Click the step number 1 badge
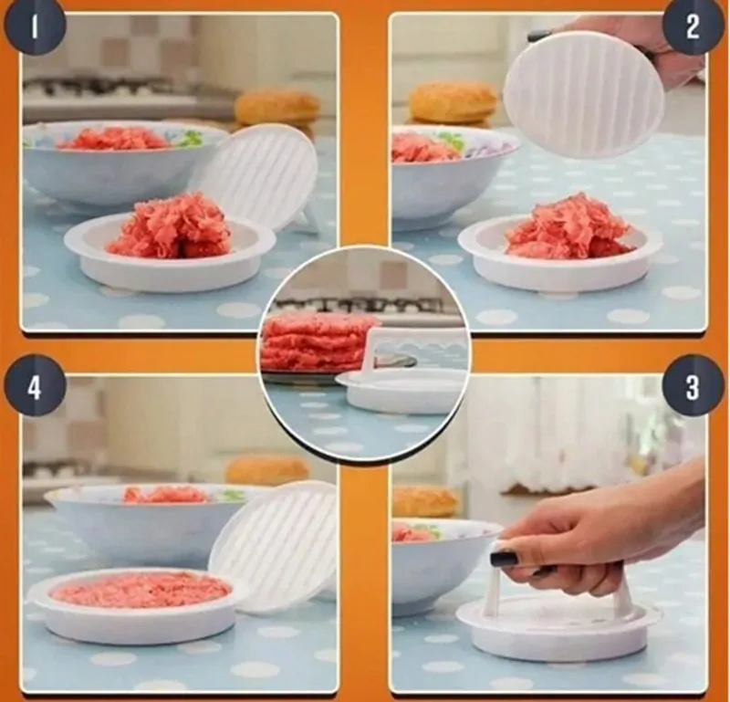pos(35,27)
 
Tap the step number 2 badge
pos(693,27)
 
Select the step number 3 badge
pos(693,386)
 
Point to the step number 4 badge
pos(35,386)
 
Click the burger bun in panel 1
pos(277,108)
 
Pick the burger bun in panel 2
pos(453,102)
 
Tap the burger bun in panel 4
pos(267,470)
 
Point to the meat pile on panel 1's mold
pos(170,226)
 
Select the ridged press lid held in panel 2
pos(584,96)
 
